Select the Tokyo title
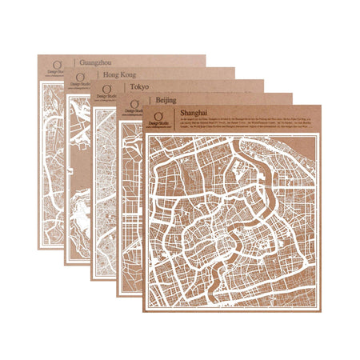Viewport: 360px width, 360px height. [138, 86]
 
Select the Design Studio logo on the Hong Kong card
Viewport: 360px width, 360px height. [80, 79]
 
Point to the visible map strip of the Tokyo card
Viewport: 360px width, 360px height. [103, 192]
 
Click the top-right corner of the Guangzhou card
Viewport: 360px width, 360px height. [206, 55]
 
